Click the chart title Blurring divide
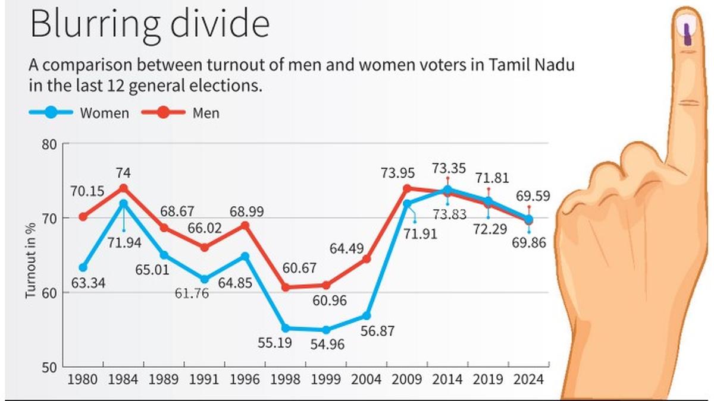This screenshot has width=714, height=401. coord(149,24)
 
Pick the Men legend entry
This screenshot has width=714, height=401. coord(181,112)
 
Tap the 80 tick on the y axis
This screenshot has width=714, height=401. coord(51,144)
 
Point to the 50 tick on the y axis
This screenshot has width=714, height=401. coord(51,367)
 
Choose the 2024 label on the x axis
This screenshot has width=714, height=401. coord(528,379)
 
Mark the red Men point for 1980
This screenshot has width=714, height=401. coord(83,217)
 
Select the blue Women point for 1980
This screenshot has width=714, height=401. coord(83,267)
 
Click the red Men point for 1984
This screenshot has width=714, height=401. coord(124,188)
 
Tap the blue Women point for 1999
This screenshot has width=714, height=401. coord(325,330)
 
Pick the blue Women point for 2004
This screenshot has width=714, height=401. coord(367,315)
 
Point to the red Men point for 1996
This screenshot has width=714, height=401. coord(245,226)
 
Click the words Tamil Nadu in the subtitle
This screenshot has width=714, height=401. coord(533,65)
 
